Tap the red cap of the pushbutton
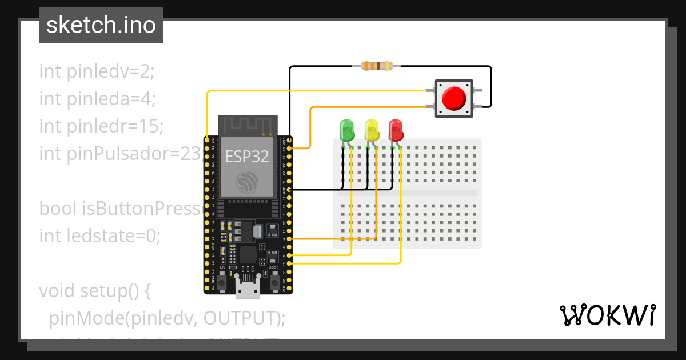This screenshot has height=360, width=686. click(x=454, y=98)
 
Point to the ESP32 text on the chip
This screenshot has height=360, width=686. click(x=247, y=156)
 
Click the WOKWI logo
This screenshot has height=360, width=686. click(x=607, y=315)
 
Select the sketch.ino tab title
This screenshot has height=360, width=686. click(x=101, y=25)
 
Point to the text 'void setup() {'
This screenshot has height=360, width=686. click(x=94, y=291)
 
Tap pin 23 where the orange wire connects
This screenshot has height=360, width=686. click(x=290, y=148)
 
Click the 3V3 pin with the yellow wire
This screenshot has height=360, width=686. click(x=206, y=139)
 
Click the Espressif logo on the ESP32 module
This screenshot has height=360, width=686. click(x=247, y=182)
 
